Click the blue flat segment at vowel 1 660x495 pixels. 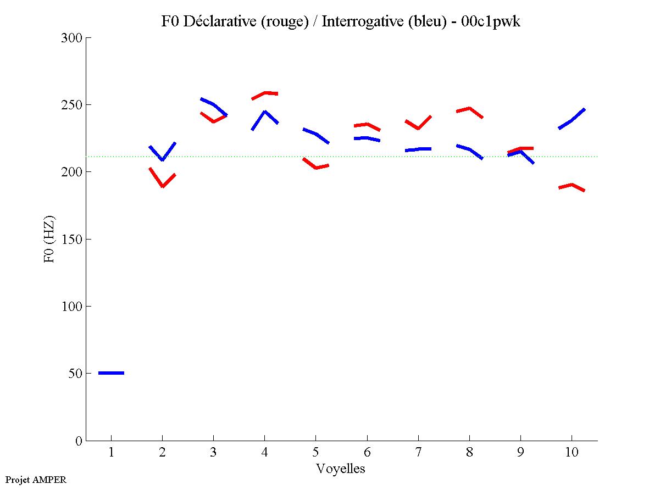[x=111, y=373]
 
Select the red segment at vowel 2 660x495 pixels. [x=162, y=186]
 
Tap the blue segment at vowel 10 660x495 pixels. [x=572, y=120]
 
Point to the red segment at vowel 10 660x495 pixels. [x=572, y=185]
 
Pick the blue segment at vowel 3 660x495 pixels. [x=213, y=104]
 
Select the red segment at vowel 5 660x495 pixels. [x=316, y=167]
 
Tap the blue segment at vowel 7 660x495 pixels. [x=418, y=149]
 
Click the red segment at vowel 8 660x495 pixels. [x=469, y=108]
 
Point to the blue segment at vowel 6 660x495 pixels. [x=367, y=138]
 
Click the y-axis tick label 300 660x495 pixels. [x=72, y=38]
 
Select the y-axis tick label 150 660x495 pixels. [x=72, y=240]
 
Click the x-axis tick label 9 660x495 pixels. [x=520, y=454]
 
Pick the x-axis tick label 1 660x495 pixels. [x=111, y=454]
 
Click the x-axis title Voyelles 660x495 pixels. [x=341, y=469]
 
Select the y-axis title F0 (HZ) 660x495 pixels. [x=49, y=239]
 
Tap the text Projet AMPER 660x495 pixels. [x=36, y=480]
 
